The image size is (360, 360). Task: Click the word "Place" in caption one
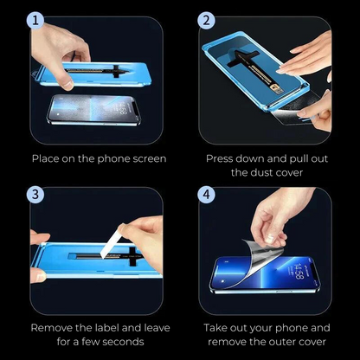pyautogui.click(x=47, y=158)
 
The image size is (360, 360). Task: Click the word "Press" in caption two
pyautogui.click(x=222, y=158)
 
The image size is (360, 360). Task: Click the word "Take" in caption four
pyautogui.click(x=220, y=328)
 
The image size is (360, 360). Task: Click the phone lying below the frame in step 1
pyautogui.click(x=95, y=108)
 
